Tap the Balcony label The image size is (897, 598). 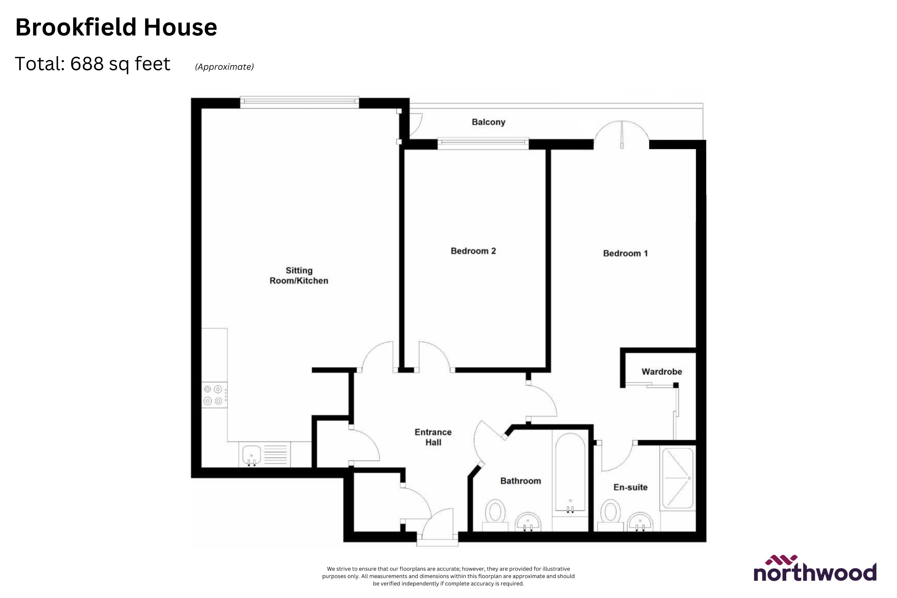click(488, 122)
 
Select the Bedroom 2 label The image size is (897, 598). click(473, 251)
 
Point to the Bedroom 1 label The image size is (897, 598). click(625, 253)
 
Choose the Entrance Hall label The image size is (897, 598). click(433, 437)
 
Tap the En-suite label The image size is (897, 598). click(630, 487)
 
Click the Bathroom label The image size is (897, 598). click(520, 481)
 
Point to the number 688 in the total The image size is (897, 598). click(87, 64)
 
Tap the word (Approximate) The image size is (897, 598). click(224, 67)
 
